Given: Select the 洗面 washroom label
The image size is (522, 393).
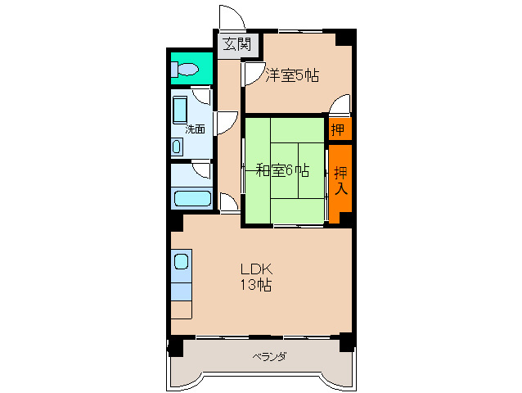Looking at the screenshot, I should click(x=194, y=129).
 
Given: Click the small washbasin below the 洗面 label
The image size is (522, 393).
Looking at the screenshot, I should click(x=178, y=147).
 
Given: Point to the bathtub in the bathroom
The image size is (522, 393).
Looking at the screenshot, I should click(x=192, y=198).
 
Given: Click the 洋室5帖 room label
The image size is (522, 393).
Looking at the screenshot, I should click(x=292, y=75).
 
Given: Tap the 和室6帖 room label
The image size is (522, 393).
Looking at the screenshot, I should click(x=282, y=170).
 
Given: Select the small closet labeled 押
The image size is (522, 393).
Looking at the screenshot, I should click(x=338, y=129).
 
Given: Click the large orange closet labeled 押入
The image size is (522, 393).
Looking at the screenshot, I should click(x=340, y=180).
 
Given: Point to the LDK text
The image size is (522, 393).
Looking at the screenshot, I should click(x=255, y=269).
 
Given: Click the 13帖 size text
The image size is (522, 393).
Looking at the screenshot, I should click(x=255, y=286).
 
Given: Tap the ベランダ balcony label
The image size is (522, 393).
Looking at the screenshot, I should click(x=268, y=357).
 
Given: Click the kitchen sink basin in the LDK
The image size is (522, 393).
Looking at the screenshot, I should click(x=181, y=263).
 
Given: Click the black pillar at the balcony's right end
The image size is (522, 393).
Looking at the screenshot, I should click(x=348, y=342).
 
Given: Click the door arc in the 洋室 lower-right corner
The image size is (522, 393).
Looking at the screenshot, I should click(x=342, y=105).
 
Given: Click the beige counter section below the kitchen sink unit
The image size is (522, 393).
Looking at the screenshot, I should click(x=181, y=310).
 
